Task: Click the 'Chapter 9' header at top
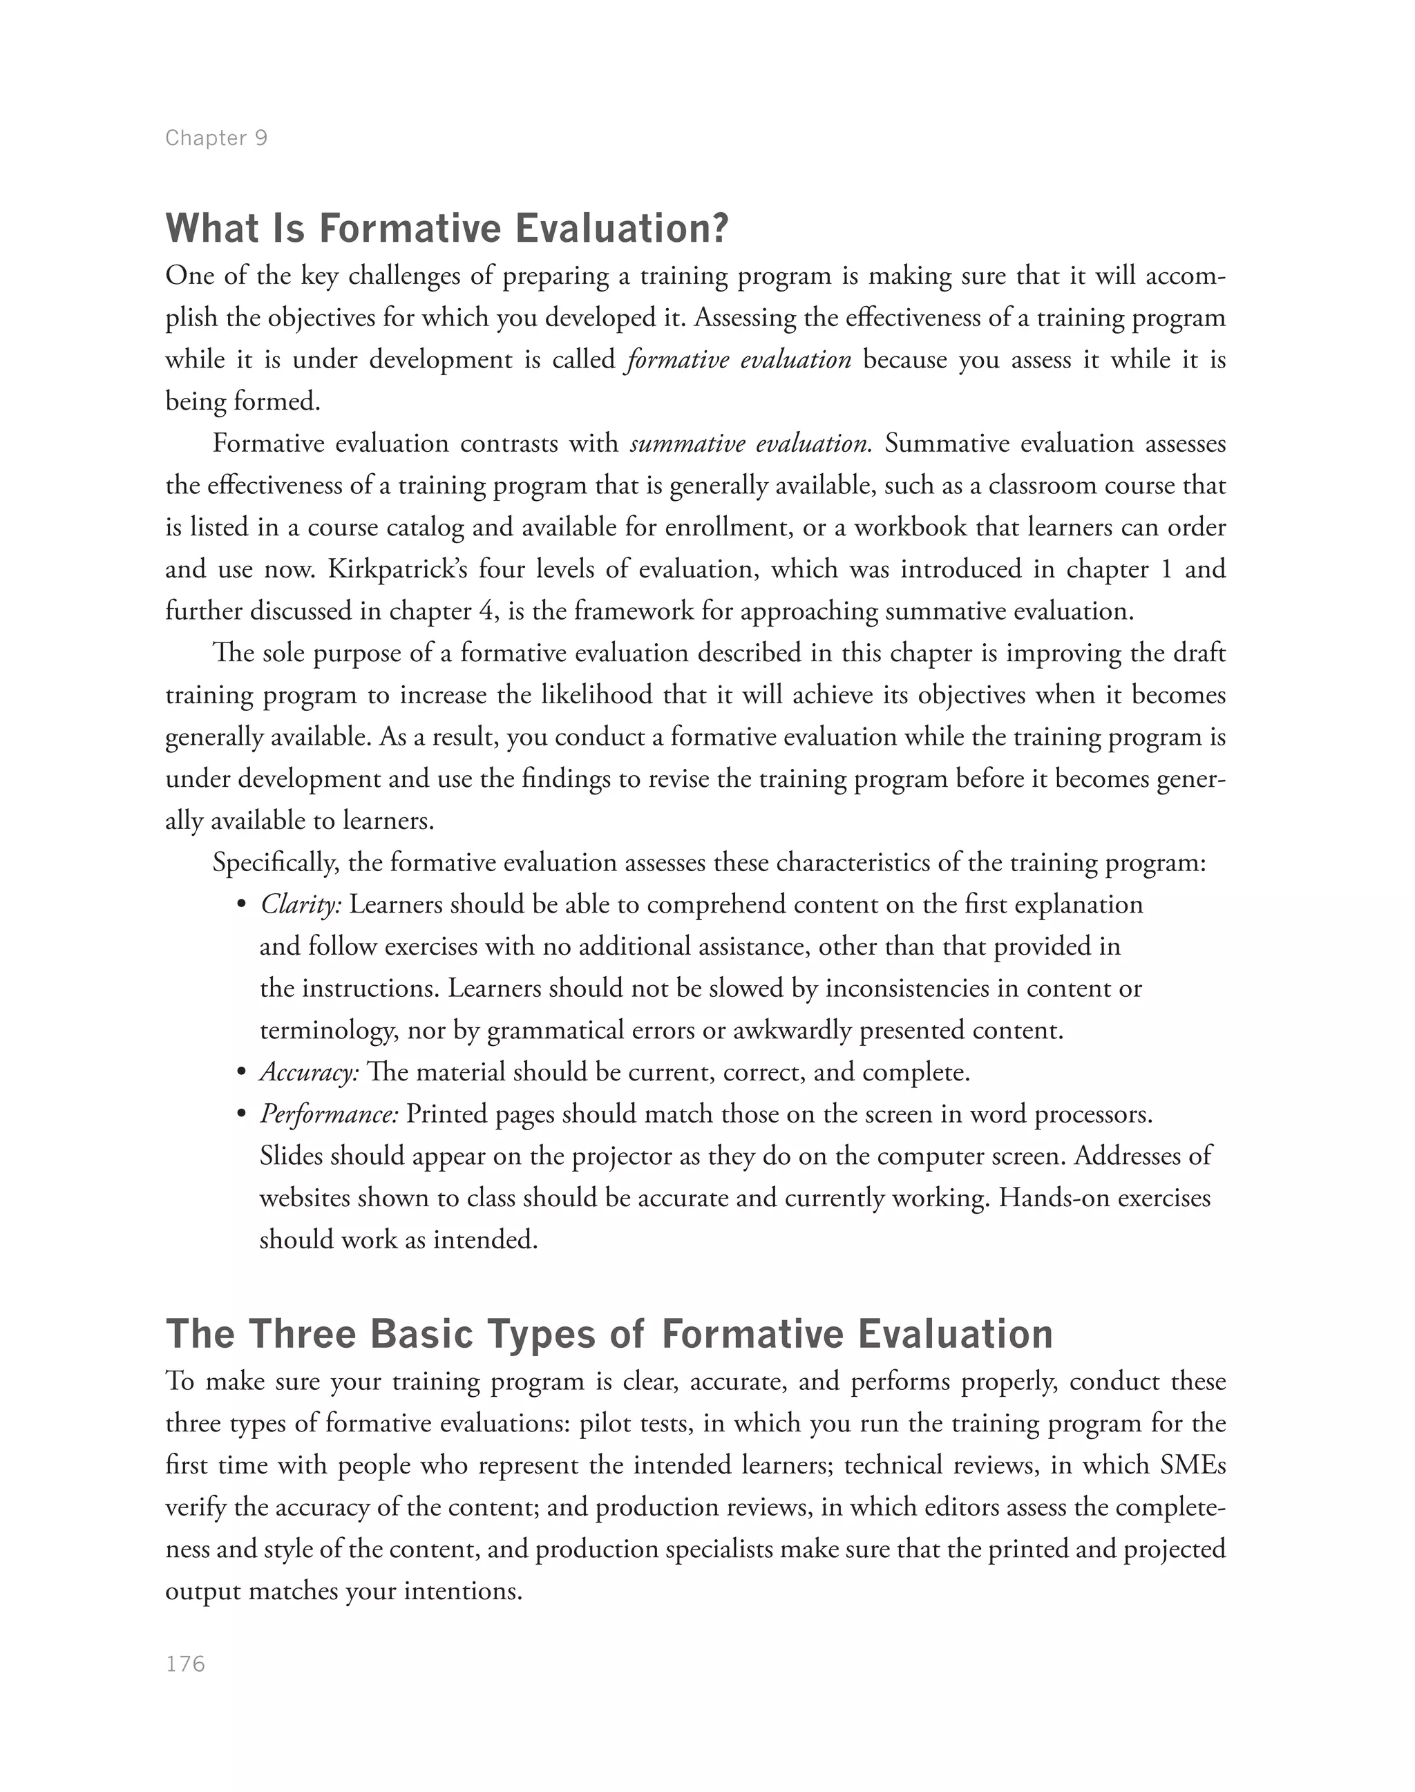(x=216, y=137)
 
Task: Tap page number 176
(x=186, y=1664)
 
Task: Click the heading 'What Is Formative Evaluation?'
(x=446, y=229)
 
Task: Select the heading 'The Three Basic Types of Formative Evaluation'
(x=609, y=1335)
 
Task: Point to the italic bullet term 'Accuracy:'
(x=309, y=1072)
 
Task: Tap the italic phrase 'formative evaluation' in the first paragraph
(x=739, y=359)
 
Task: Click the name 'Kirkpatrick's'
(x=397, y=569)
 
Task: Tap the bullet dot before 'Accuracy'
(x=242, y=1073)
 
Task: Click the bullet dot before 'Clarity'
(x=242, y=905)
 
